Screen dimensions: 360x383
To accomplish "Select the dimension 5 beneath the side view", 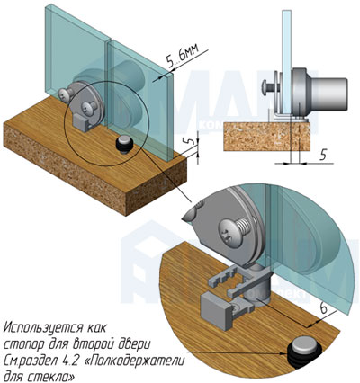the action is (x=323, y=156).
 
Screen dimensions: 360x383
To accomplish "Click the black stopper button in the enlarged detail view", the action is (x=304, y=352).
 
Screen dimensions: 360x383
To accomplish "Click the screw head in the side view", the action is (x=266, y=87).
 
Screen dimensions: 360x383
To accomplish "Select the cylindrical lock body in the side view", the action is (x=328, y=94).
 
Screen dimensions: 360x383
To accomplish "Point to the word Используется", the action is (x=43, y=327).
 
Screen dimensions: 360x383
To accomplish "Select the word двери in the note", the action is (x=136, y=344).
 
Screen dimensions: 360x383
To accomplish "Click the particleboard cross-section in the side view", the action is (x=266, y=137).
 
